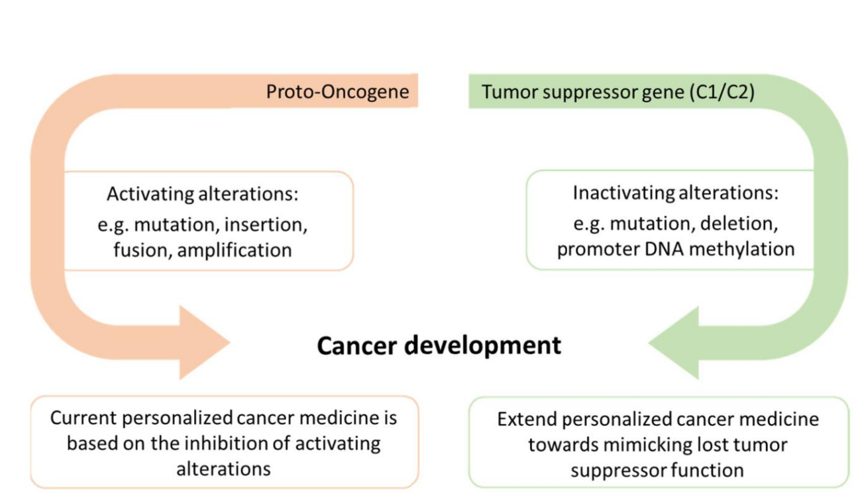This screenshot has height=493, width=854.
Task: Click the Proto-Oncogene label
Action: point(337,91)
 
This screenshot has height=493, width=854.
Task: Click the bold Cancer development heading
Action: point(439,345)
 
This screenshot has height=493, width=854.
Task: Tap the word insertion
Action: point(265,224)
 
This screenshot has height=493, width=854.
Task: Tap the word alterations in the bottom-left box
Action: point(223,468)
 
